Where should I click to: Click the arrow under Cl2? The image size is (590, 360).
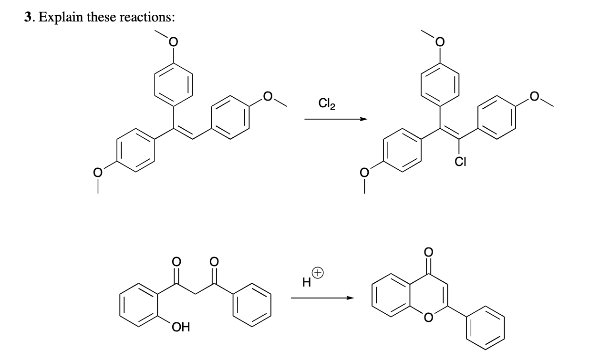336,119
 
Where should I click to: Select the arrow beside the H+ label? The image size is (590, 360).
322,298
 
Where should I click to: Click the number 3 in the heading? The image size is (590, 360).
29,18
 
